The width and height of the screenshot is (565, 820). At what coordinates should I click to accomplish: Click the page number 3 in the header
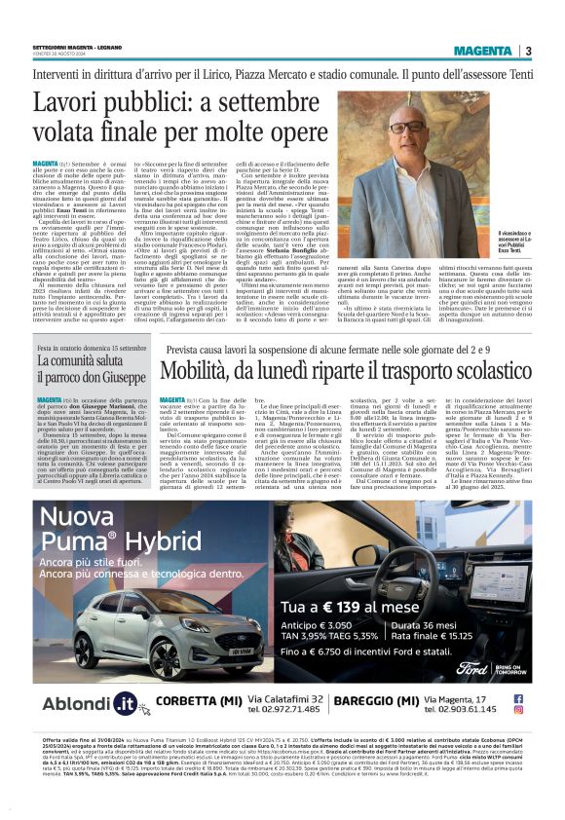point(527,51)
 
